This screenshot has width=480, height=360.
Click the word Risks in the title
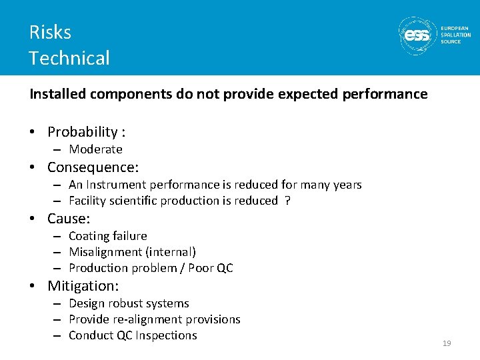[50, 32]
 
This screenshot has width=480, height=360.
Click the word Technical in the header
[69, 58]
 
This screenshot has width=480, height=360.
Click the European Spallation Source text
[455, 35]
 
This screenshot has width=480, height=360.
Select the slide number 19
[447, 343]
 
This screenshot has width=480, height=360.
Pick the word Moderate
[95, 149]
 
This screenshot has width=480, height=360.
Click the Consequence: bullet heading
[93, 167]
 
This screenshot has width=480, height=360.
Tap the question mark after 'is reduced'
[287, 201]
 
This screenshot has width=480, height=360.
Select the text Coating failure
[107, 236]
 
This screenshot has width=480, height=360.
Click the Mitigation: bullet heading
[83, 286]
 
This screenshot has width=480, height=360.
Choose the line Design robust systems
[129, 303]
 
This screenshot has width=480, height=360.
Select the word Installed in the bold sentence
[58, 94]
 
